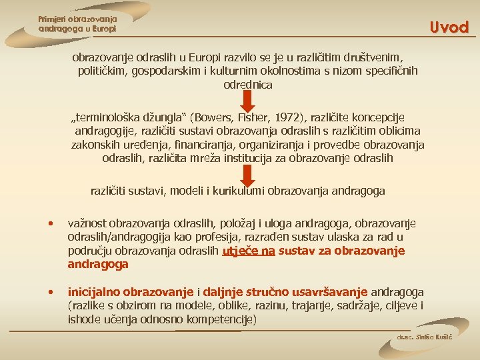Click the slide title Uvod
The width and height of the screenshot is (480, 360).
(449, 27)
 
